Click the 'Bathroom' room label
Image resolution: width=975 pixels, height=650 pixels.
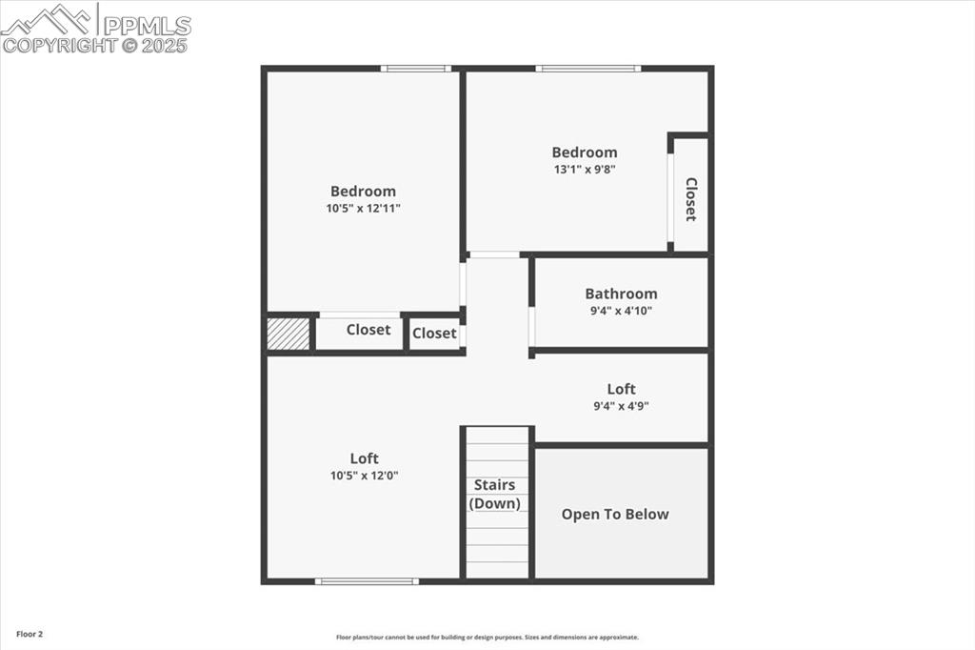pyautogui.click(x=621, y=294)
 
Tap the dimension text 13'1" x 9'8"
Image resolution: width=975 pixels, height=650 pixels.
pyautogui.click(x=585, y=170)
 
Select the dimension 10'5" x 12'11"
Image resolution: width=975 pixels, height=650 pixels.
pyautogui.click(x=363, y=208)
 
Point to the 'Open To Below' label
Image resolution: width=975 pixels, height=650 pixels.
pyautogui.click(x=615, y=515)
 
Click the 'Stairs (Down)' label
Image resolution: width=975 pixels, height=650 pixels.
pyautogui.click(x=496, y=495)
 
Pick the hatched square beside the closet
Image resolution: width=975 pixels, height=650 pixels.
pyautogui.click(x=289, y=334)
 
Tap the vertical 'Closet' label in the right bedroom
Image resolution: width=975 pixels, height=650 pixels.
pyautogui.click(x=691, y=199)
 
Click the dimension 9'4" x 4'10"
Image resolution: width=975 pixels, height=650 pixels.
pyautogui.click(x=621, y=311)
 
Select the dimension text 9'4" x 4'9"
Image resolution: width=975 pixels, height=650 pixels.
pyautogui.click(x=621, y=406)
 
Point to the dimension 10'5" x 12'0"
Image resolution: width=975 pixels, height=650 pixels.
pyautogui.click(x=363, y=475)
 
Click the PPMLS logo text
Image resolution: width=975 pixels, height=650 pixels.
pyautogui.click(x=147, y=25)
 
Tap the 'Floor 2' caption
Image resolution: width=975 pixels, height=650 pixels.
pyautogui.click(x=30, y=634)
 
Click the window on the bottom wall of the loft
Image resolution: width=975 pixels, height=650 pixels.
pyautogui.click(x=367, y=580)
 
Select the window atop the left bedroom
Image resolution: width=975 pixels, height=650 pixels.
pyautogui.click(x=416, y=69)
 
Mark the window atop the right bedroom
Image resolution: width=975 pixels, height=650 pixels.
pyautogui.click(x=587, y=69)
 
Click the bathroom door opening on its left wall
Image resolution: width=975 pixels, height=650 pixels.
pyautogui.click(x=532, y=327)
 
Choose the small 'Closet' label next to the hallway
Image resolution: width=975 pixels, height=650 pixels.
pyautogui.click(x=434, y=334)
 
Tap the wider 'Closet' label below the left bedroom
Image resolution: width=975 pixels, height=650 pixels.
pyautogui.click(x=368, y=330)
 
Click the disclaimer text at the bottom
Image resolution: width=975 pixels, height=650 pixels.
pyautogui.click(x=487, y=638)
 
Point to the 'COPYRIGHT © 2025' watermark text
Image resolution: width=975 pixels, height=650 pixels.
pyautogui.click(x=95, y=45)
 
